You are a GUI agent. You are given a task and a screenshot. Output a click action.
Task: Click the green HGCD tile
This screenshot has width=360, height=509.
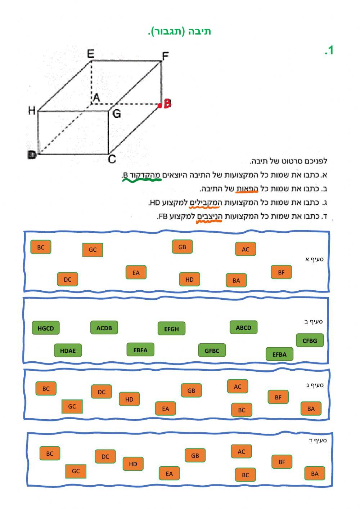pyautogui.click(x=45, y=328)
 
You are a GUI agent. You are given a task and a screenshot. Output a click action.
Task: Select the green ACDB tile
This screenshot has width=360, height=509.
pyautogui.click(x=104, y=328)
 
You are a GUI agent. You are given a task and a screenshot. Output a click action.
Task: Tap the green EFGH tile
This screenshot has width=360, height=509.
pyautogui.click(x=171, y=329)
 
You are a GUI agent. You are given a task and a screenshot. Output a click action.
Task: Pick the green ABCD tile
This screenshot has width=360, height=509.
pyautogui.click(x=243, y=327)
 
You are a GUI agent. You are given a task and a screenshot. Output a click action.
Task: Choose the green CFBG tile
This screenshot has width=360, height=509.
pyautogui.click(x=310, y=340)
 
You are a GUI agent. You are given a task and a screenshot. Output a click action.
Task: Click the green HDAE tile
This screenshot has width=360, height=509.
pyautogui.click(x=68, y=351)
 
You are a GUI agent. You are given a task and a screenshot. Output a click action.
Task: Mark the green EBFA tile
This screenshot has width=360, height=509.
pyautogui.click(x=140, y=350)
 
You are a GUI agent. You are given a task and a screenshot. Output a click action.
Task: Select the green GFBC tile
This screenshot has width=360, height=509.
pyautogui.click(x=212, y=351)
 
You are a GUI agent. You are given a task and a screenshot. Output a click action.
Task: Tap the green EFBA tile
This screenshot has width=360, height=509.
pyautogui.click(x=279, y=354)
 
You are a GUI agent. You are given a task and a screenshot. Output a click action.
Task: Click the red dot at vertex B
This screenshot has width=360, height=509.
pyautogui.click(x=160, y=106)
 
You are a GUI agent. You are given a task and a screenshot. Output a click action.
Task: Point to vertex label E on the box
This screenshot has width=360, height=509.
pyautogui.click(x=91, y=54)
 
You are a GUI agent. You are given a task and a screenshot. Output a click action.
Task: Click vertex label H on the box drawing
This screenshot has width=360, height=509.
pyautogui.click(x=32, y=111)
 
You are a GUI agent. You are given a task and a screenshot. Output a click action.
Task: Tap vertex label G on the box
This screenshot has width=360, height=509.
pyautogui.click(x=117, y=114)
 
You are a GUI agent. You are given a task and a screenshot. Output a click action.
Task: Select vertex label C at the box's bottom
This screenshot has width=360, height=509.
pyautogui.click(x=112, y=159)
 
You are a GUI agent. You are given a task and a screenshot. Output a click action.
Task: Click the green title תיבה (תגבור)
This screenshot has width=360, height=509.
pyautogui.click(x=179, y=32)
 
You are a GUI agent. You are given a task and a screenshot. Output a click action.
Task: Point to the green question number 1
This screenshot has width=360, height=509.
pyautogui.click(x=329, y=51)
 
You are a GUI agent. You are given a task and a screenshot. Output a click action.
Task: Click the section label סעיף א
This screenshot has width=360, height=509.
pyautogui.click(x=314, y=259)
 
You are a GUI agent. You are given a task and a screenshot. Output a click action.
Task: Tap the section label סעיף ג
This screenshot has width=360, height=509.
pyautogui.click(x=315, y=385)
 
